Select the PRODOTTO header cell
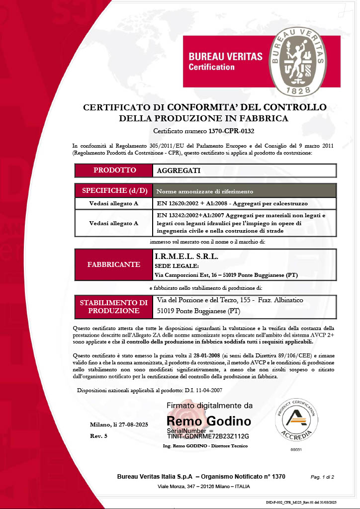tap(114, 170)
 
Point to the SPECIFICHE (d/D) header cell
tap(114, 191)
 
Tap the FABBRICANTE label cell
tap(114, 265)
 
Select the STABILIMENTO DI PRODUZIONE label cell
tap(114, 307)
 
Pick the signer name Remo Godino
tap(209, 422)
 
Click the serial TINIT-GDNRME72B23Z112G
tap(208, 436)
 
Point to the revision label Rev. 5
tap(98, 435)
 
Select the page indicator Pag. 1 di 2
tap(322, 477)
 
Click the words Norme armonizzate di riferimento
tap(205, 191)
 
